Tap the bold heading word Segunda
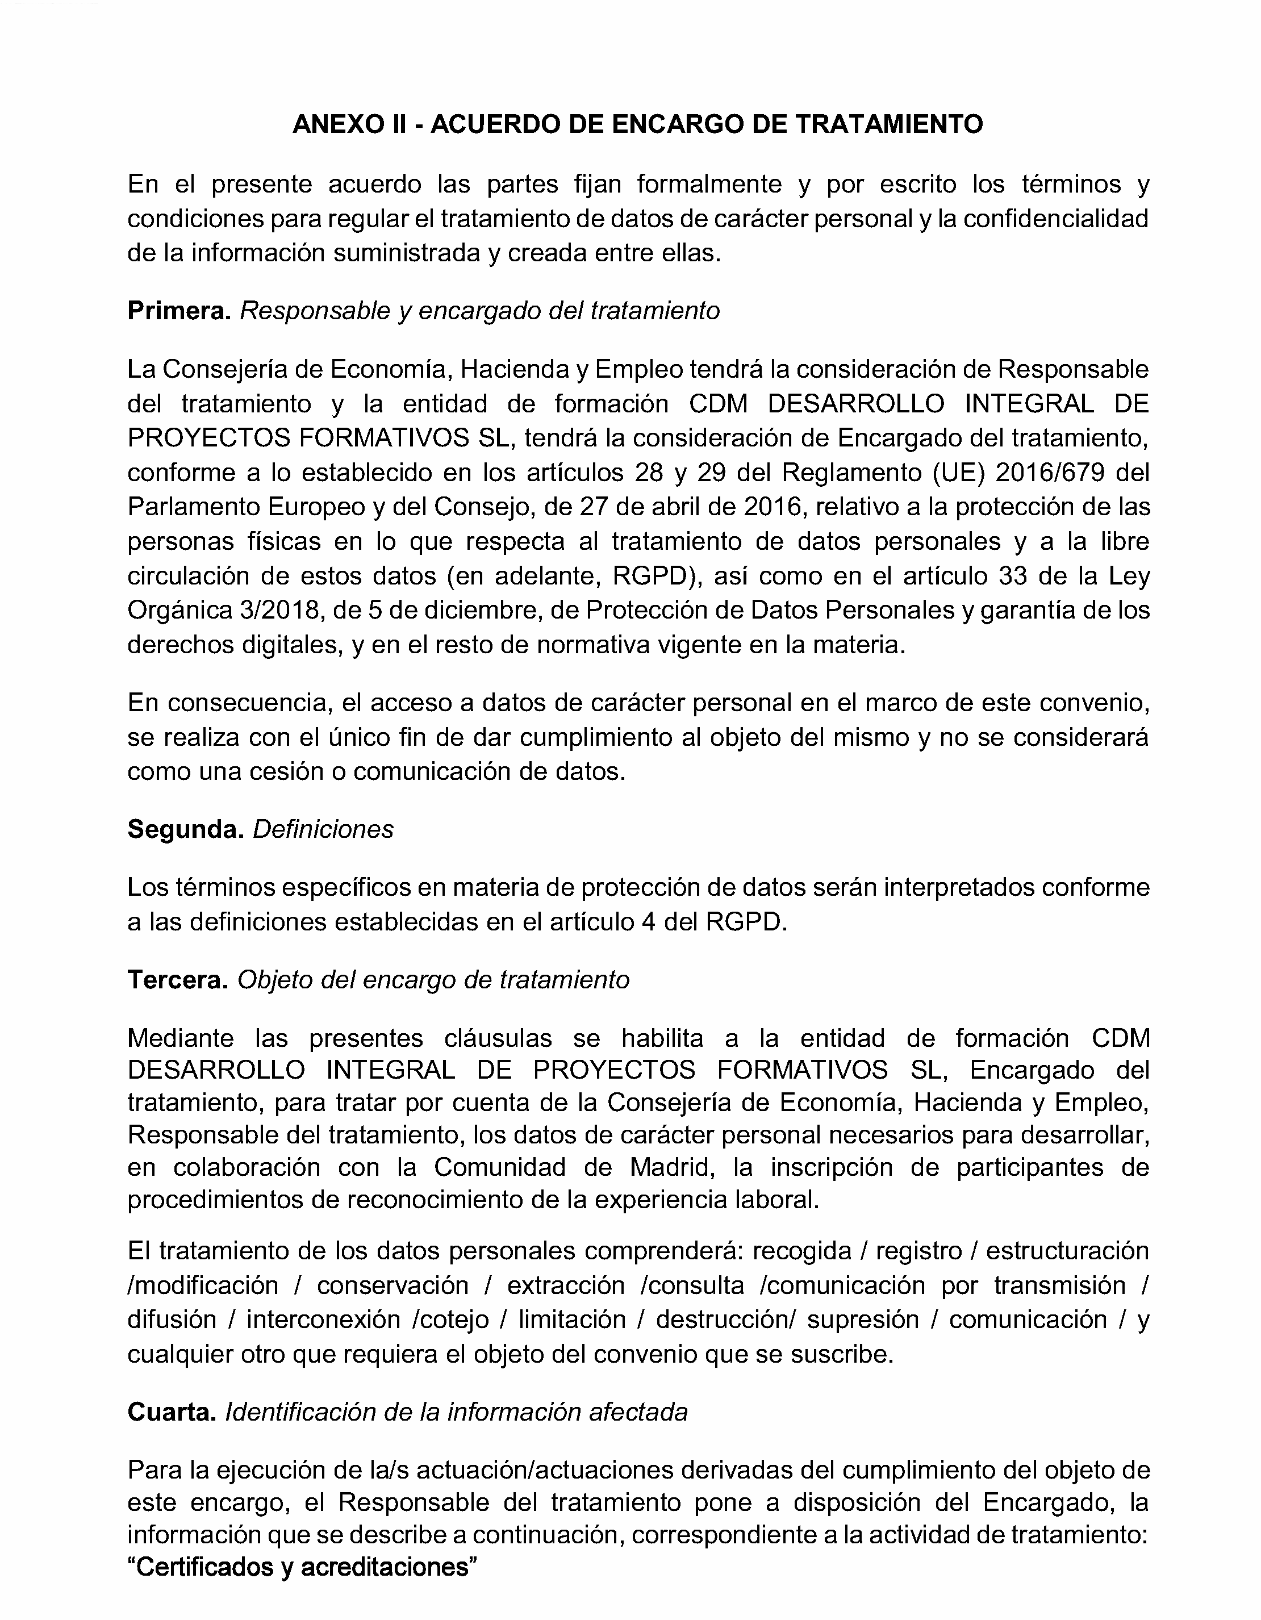pyautogui.click(x=185, y=829)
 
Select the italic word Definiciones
pyautogui.click(x=323, y=829)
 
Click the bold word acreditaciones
pyautogui.click(x=386, y=1567)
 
